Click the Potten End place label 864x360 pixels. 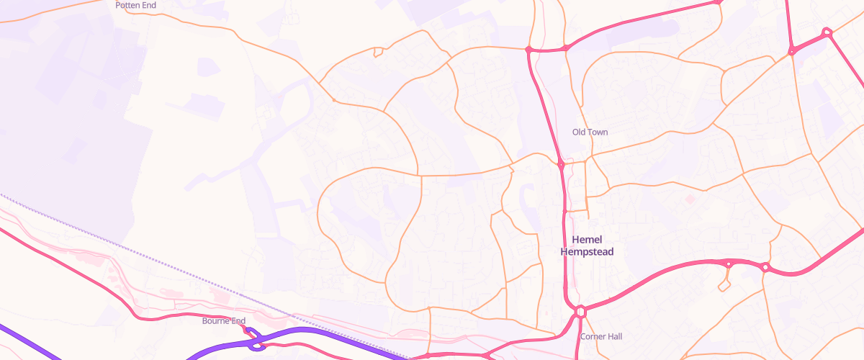pos(135,5)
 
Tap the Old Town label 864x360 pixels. pos(590,132)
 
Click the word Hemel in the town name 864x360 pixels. pos(587,240)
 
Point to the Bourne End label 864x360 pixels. pos(224,320)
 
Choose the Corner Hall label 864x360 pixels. pos(600,336)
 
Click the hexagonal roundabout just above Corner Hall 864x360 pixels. pos(580,312)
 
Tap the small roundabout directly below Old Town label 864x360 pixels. pos(561,165)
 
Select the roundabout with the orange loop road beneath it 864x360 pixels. pos(729,264)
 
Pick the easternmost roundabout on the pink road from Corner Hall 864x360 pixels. pos(765,267)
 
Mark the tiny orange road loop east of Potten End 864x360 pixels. pos(377,51)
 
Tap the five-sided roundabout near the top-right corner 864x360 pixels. pos(827,32)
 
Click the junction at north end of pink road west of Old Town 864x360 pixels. pos(528,50)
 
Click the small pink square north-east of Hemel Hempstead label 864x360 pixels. pos(690,199)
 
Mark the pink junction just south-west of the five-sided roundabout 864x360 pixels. pos(791,50)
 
